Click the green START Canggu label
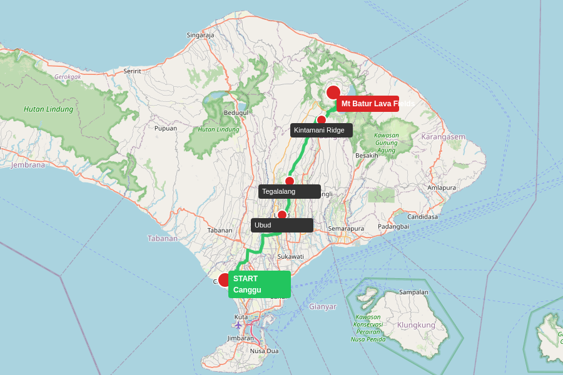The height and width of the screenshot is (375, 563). tap(260, 284)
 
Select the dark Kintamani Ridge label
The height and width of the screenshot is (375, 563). tap(322, 130)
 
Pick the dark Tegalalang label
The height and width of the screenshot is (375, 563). tap(290, 191)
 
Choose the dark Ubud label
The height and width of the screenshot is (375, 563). tap(282, 225)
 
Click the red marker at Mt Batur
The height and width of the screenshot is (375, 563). tap(333, 92)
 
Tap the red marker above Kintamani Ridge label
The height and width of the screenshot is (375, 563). tap(322, 120)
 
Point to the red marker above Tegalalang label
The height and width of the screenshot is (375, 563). tap(290, 181)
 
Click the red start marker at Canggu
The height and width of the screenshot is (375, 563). tap(225, 280)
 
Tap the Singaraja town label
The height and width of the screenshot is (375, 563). tap(200, 35)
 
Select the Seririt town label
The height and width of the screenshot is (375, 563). tap(132, 71)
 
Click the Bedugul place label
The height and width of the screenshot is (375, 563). tap(236, 113)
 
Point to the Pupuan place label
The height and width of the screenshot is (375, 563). tap(166, 128)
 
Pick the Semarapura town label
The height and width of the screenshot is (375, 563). tap(346, 229)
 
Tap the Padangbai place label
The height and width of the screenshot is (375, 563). tap(393, 226)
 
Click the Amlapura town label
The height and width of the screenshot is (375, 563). tap(442, 187)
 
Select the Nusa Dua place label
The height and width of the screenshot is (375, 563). tap(264, 351)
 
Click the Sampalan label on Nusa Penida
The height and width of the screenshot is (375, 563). tap(413, 292)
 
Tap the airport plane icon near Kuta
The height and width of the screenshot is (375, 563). tap(238, 324)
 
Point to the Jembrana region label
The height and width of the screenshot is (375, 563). tap(28, 165)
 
